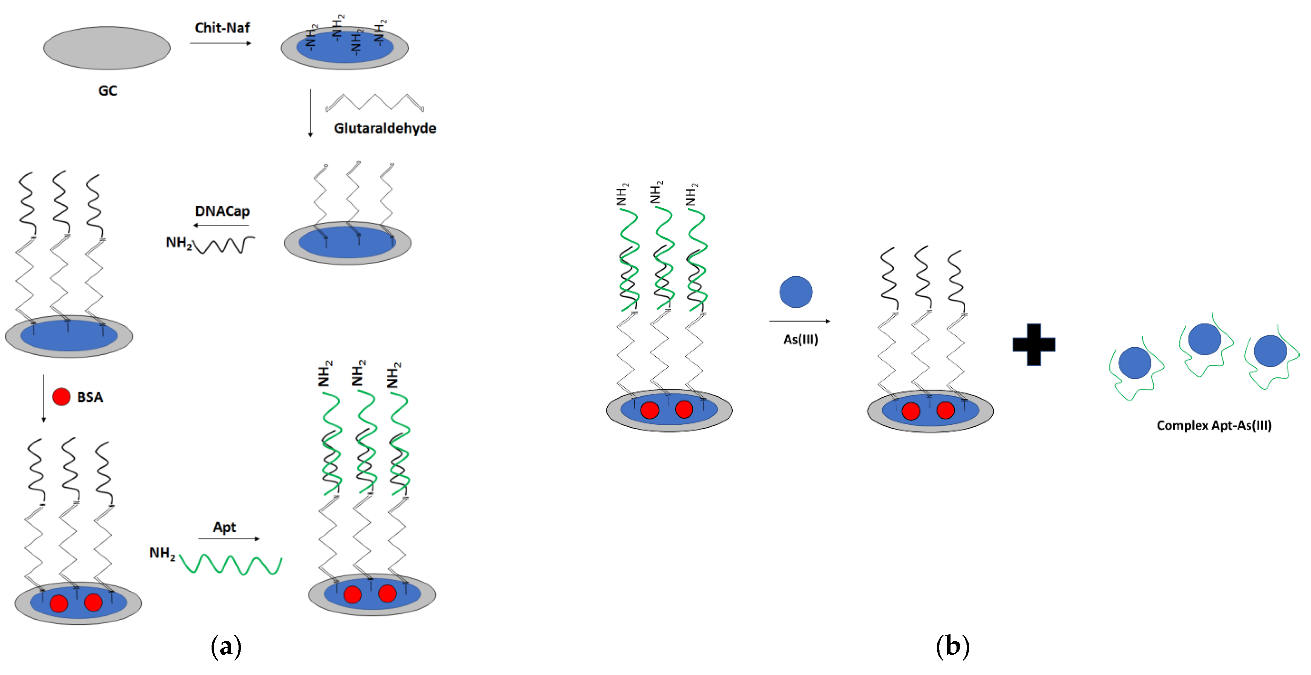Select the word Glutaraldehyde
click(385, 128)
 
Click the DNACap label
click(223, 211)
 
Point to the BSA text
click(90, 397)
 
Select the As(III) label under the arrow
click(801, 339)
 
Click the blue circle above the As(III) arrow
click(796, 292)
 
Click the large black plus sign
click(1033, 344)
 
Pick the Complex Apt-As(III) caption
click(1214, 425)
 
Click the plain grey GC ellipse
click(107, 48)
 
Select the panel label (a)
click(226, 646)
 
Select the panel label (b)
click(952, 646)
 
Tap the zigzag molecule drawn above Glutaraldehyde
click(374, 102)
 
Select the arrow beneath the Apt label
click(229, 539)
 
